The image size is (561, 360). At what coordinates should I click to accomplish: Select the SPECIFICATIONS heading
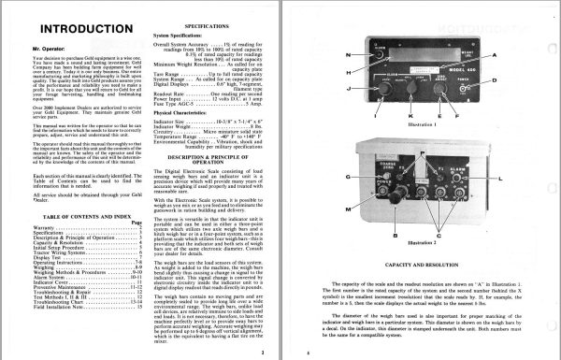coord(196,29)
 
